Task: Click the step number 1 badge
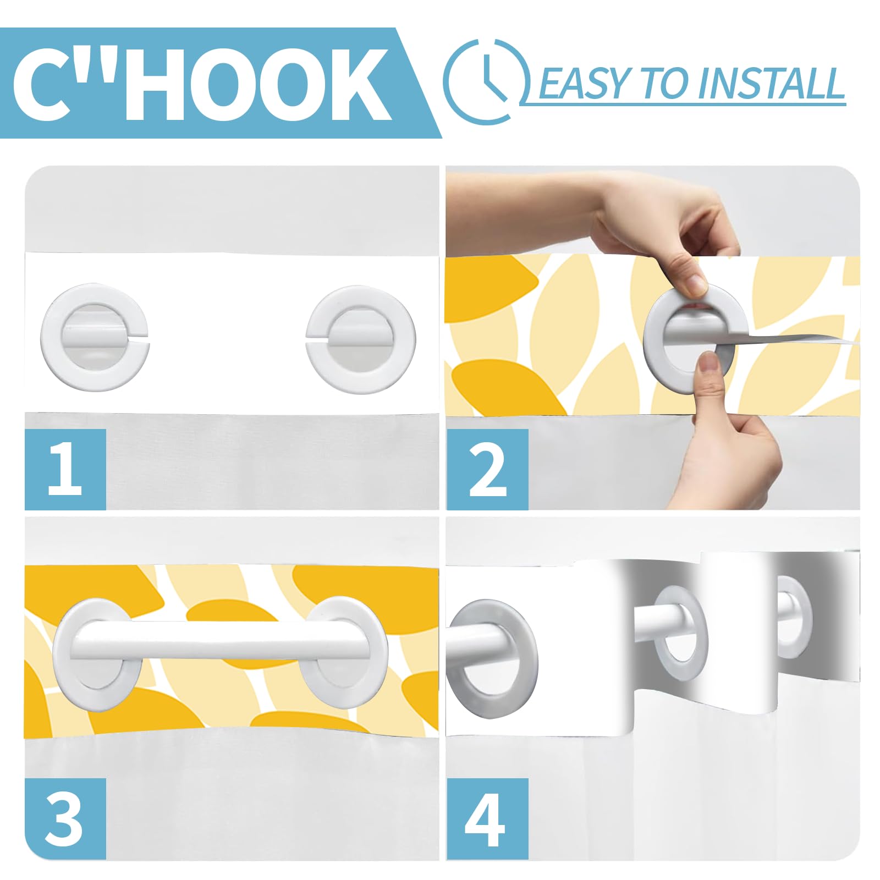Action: click(65, 469)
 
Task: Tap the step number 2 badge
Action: click(487, 469)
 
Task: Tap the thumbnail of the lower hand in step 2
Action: click(710, 364)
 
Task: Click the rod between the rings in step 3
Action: click(220, 640)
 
